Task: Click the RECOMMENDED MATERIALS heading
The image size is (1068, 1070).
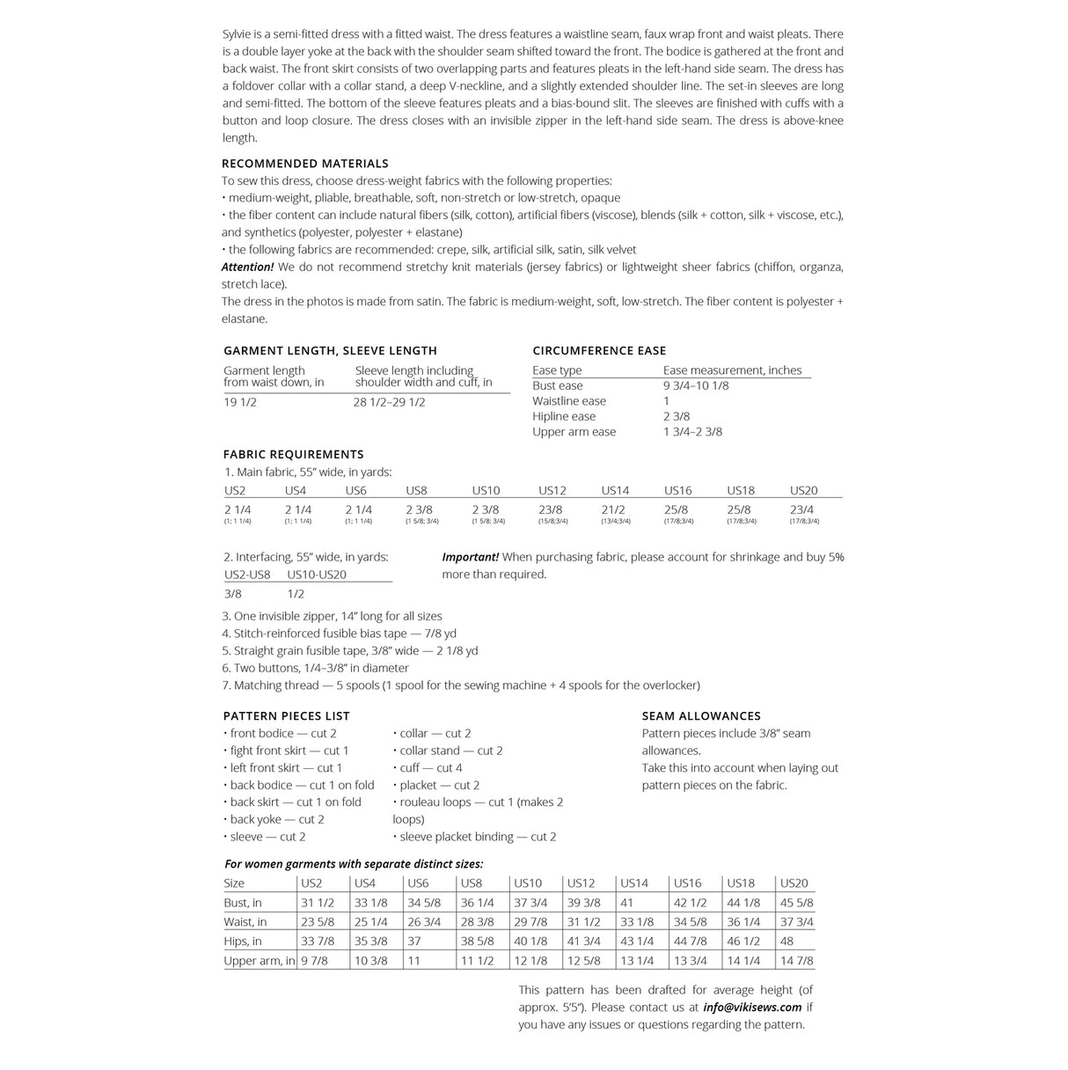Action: (x=304, y=164)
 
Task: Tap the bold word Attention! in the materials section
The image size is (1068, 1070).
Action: (x=247, y=267)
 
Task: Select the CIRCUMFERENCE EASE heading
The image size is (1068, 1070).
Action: (x=599, y=350)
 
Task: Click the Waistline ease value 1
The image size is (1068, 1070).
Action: (x=667, y=401)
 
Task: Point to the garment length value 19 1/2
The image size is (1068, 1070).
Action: (x=240, y=402)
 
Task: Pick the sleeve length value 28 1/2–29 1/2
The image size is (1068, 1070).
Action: (x=389, y=402)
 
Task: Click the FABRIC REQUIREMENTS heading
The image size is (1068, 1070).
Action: (x=293, y=454)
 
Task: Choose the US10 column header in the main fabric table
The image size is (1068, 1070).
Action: (x=486, y=490)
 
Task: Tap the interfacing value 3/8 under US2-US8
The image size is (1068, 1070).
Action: (x=233, y=594)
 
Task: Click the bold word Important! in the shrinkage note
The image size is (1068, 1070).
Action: (x=470, y=557)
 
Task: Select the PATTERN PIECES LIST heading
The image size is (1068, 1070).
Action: (x=286, y=716)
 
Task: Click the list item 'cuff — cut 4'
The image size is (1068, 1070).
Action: (x=430, y=768)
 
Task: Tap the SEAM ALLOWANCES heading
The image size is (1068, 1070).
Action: (x=701, y=716)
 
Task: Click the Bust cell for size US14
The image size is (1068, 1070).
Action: (x=626, y=903)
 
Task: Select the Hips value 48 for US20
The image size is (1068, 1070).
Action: (x=786, y=942)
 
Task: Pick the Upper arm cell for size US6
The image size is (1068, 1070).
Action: (x=413, y=961)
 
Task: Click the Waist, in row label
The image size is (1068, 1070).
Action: (x=245, y=922)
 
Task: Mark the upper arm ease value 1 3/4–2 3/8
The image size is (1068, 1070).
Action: (x=692, y=432)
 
